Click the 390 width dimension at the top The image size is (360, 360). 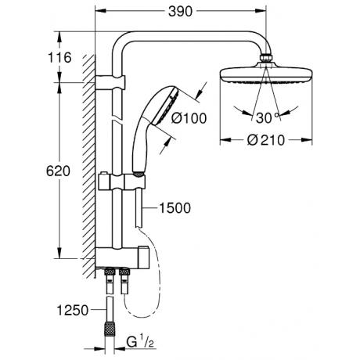coord(180,12)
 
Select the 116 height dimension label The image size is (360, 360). coord(59,57)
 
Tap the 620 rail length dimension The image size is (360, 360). coord(58,171)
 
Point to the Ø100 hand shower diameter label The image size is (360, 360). coord(189,118)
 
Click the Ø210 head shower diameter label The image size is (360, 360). coord(266,140)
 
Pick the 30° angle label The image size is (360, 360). coord(267,118)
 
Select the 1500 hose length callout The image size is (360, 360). coord(175,208)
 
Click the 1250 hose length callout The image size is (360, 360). coord(73,310)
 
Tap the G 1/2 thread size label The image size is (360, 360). coord(140,342)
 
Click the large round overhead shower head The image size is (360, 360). coord(266,74)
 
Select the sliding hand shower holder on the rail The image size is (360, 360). coord(121,182)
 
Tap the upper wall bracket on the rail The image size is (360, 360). coord(110,81)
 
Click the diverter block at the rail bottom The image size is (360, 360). coord(121,257)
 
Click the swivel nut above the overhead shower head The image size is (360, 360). coord(266,57)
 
